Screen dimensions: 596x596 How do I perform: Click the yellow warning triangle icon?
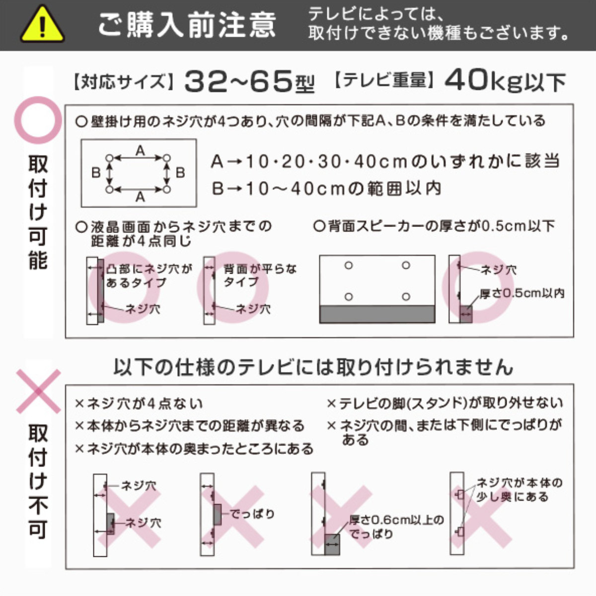(42, 25)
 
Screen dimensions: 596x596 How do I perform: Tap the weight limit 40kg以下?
(505, 81)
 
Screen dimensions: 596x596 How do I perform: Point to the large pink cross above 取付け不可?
(38, 392)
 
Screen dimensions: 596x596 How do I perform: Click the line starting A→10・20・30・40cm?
(385, 161)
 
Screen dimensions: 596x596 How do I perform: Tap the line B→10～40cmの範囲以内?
(326, 189)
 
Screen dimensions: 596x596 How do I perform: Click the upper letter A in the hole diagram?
(140, 150)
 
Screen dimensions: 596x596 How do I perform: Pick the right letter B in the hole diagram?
(180, 173)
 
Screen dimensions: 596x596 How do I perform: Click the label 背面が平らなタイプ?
(259, 275)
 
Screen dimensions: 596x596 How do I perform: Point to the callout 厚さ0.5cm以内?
(521, 294)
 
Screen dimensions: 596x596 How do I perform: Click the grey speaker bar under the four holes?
(377, 314)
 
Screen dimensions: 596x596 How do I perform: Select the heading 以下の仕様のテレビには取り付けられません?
(313, 367)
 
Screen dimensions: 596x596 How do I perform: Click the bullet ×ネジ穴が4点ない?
(139, 403)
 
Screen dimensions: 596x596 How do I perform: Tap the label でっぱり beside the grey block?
(252, 514)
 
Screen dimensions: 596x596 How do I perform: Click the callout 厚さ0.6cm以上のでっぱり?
(396, 527)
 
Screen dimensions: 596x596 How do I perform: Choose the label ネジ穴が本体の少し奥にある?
(519, 489)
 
